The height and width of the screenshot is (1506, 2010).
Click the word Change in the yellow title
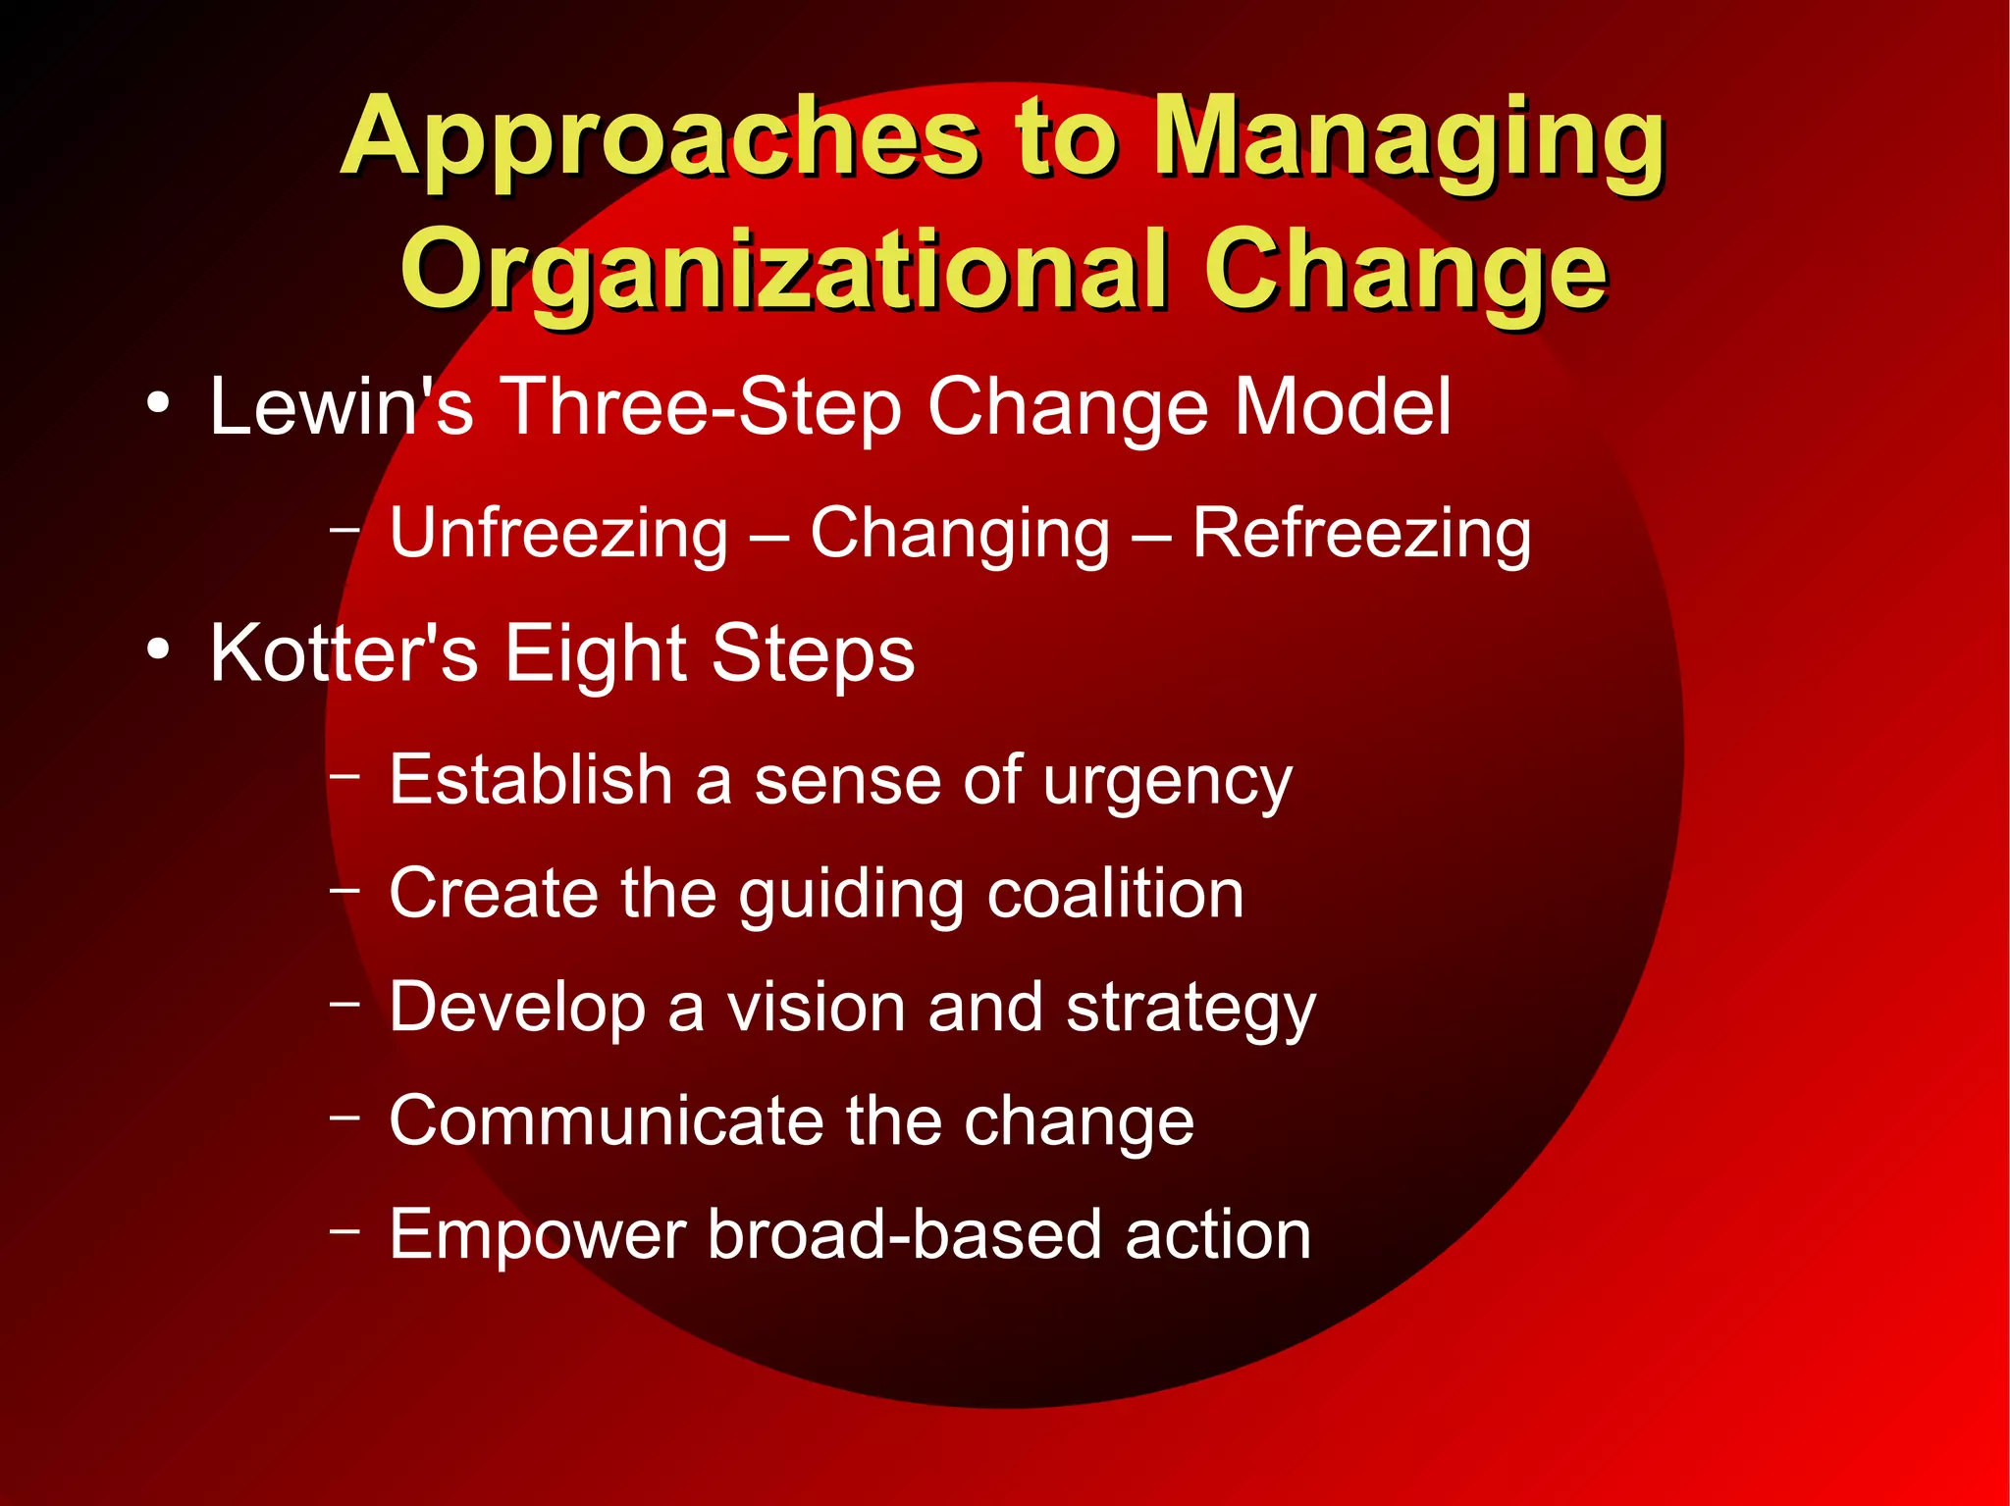coord(1405,271)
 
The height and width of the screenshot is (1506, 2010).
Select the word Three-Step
coord(701,407)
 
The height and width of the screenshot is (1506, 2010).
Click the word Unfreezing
coord(558,535)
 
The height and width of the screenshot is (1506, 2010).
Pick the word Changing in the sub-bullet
coord(959,535)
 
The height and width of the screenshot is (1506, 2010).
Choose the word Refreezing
coord(1361,535)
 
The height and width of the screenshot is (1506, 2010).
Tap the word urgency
coord(1167,783)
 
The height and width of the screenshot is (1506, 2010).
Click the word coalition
coord(1115,894)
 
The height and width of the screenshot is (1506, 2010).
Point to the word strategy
coord(1190,1010)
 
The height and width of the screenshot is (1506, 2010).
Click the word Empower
coord(537,1235)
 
